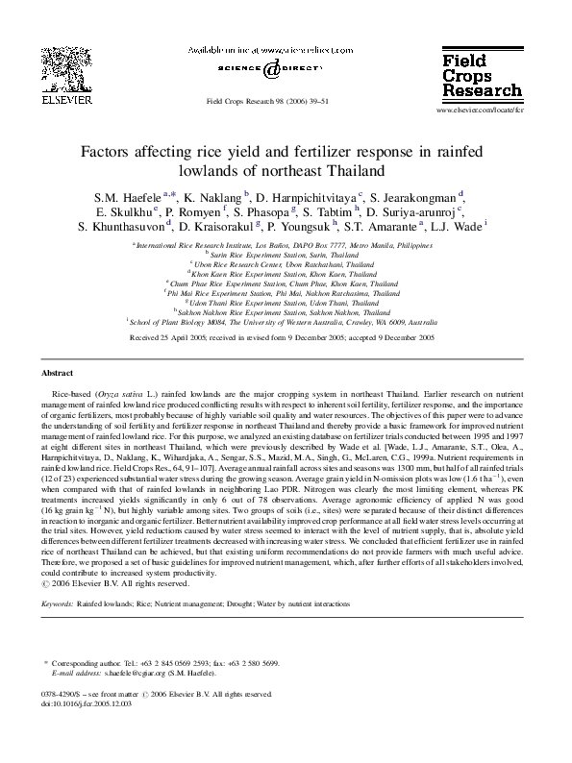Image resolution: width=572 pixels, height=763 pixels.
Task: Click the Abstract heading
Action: (x=59, y=372)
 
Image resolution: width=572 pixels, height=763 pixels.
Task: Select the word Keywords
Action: (x=57, y=603)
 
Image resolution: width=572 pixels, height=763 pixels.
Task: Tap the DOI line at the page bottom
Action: (x=87, y=703)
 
